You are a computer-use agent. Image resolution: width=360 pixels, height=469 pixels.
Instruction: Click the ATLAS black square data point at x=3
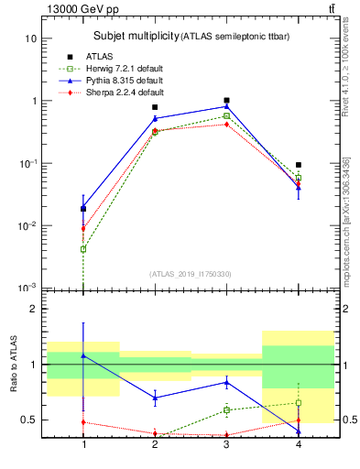[225, 101]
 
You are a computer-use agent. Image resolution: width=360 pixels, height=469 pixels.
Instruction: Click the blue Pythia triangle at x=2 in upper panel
[155, 118]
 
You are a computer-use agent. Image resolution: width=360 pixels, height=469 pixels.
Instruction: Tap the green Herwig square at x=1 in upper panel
[83, 249]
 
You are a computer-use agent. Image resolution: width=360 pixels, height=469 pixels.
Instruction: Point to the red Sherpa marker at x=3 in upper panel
[225, 124]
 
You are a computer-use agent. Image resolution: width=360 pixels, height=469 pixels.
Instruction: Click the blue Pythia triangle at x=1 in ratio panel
[83, 354]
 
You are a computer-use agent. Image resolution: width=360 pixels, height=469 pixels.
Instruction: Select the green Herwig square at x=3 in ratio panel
[225, 409]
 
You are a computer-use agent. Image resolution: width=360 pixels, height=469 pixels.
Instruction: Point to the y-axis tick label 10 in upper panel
[30, 38]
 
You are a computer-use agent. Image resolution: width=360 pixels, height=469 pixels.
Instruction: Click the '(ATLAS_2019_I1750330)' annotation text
[190, 274]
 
